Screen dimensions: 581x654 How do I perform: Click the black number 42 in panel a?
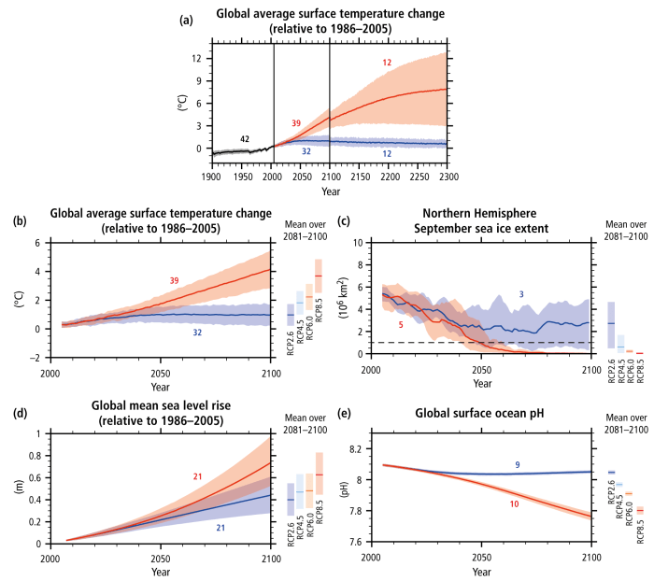[x=245, y=139]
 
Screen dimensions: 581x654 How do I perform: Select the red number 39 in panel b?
[x=175, y=280]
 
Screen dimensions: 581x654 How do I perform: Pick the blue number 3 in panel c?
[x=521, y=294]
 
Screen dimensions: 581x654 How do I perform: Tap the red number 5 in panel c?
[x=402, y=324]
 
